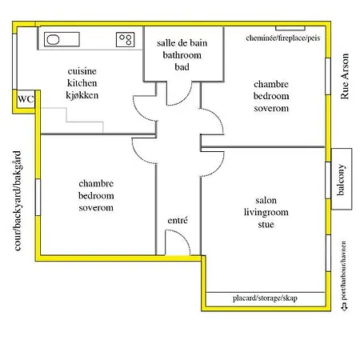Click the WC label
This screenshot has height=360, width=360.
[x=26, y=99]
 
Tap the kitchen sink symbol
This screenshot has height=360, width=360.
[x=62, y=39]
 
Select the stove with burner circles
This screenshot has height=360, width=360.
[x=125, y=39]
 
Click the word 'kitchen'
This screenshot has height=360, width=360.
[x=82, y=83]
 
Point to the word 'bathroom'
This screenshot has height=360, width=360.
[x=182, y=55]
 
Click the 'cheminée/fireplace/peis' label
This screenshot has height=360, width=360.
[x=283, y=38]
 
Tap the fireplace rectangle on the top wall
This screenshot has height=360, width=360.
[x=290, y=28]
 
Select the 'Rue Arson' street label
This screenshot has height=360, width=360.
[x=345, y=76]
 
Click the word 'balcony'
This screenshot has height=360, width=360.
[x=341, y=179]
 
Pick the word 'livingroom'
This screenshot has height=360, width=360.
[x=266, y=213]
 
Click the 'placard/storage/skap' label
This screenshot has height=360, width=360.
[x=265, y=298]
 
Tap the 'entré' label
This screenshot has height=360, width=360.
[x=178, y=220]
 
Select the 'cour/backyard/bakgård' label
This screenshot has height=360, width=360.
[x=17, y=201]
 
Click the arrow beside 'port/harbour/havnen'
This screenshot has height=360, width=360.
[x=344, y=307]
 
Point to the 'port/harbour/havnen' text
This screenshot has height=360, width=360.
[x=343, y=270]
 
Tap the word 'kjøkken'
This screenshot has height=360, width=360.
[x=82, y=95]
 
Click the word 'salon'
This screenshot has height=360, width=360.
[x=266, y=200]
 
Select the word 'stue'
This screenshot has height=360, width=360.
[x=266, y=224]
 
